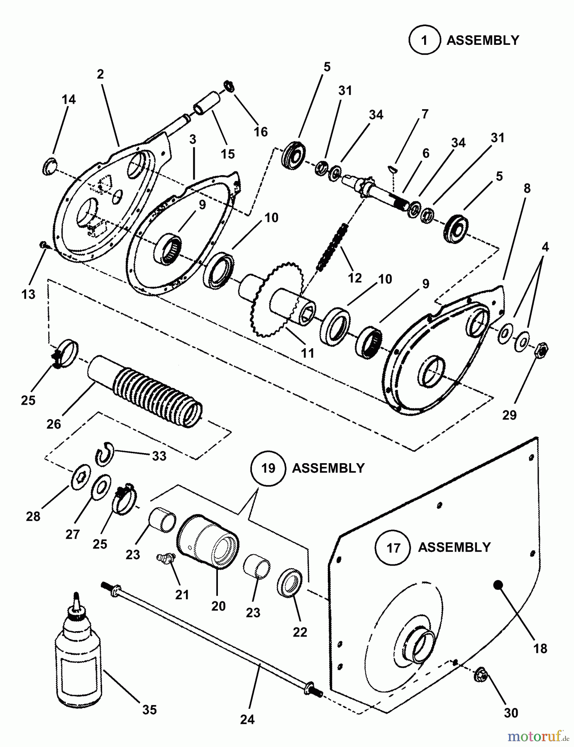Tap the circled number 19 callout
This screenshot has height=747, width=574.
[269, 468]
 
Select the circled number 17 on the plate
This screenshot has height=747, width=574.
[393, 547]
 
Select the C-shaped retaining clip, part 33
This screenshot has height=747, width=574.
[103, 453]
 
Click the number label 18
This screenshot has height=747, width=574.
[541, 648]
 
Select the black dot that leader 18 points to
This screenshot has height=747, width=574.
[498, 584]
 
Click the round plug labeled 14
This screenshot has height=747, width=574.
[50, 166]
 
